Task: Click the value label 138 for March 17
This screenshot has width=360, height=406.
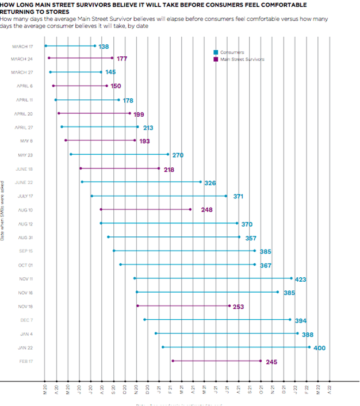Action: [104, 46]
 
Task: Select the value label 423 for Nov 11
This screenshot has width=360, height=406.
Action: [300, 279]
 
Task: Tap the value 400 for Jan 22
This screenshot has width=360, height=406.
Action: [320, 348]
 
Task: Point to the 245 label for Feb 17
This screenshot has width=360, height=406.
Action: [272, 362]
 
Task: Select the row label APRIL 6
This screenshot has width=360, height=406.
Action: [25, 86]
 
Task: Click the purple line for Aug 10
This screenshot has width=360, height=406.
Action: [145, 209]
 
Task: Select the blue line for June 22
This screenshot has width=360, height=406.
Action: [141, 182]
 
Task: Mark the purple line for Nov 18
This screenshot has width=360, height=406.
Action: [183, 306]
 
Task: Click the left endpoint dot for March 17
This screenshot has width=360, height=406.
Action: [45, 45]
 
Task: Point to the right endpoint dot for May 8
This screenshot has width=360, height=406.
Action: [135, 140]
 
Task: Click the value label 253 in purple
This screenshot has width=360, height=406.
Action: [239, 307]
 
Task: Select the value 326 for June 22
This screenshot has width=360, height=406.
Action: [210, 183]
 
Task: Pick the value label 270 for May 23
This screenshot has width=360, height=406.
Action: [178, 155]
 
